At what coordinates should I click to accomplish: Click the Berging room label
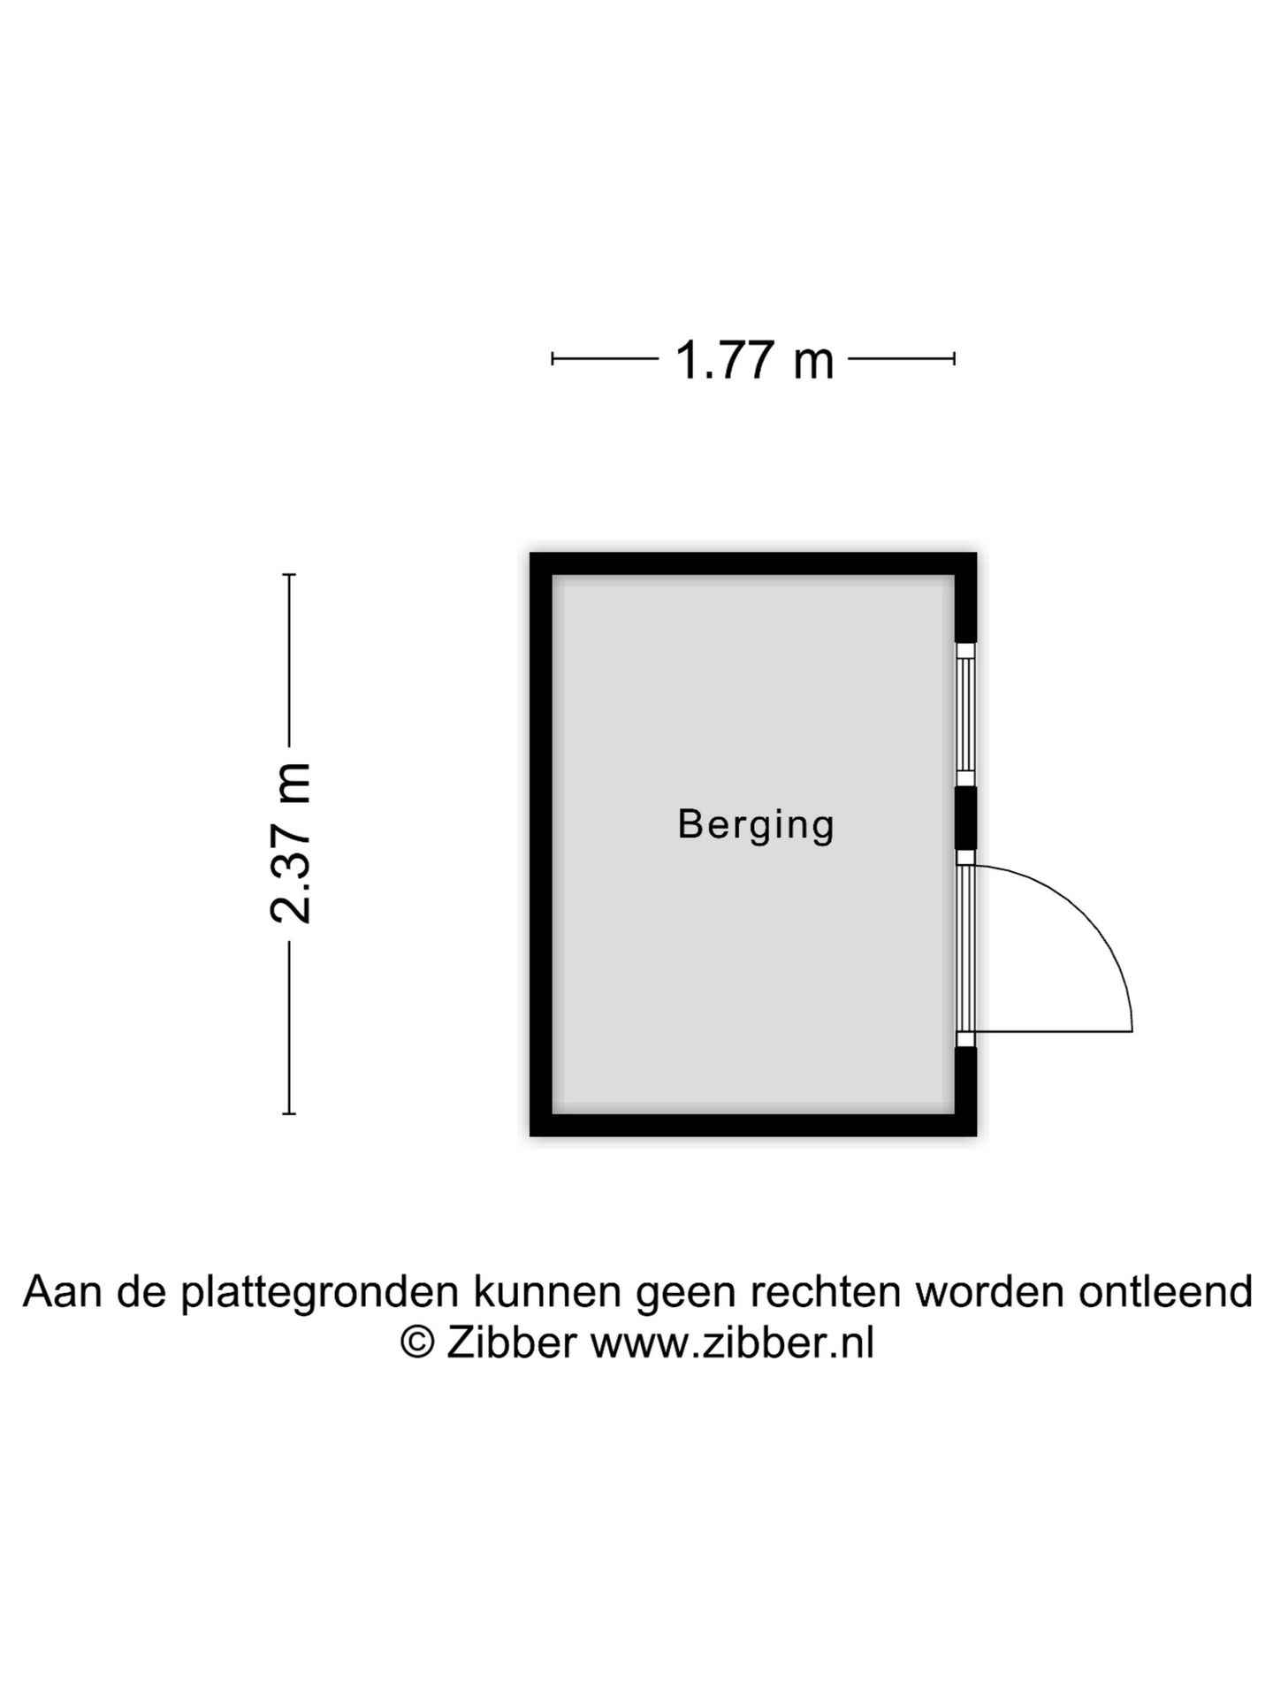click(x=756, y=825)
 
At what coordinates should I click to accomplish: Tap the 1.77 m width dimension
click(x=754, y=361)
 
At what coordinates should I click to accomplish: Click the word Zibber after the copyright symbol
click(x=511, y=1342)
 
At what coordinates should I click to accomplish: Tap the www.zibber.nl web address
click(x=732, y=1342)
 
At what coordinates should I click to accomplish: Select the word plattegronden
click(x=320, y=1292)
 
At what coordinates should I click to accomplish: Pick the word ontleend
click(x=1165, y=1292)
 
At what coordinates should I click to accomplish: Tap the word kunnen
click(x=547, y=1292)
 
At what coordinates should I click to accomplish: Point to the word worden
click(x=989, y=1292)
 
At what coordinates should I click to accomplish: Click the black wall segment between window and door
click(x=965, y=819)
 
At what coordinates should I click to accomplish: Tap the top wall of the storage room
click(x=753, y=563)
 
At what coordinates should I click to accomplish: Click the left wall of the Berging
click(x=541, y=845)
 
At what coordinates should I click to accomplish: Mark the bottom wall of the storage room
click(x=753, y=1125)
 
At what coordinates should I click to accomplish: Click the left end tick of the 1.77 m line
click(x=553, y=358)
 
